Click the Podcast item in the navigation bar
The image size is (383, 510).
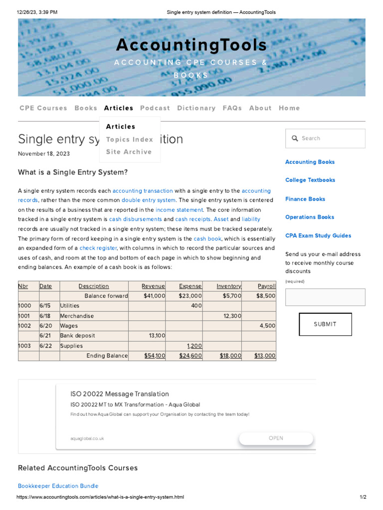click(155, 108)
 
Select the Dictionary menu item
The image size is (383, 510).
click(196, 108)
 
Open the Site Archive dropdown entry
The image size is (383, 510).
click(129, 152)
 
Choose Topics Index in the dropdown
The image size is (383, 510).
click(129, 139)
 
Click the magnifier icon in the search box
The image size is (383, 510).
click(295, 138)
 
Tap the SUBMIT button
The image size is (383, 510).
click(325, 324)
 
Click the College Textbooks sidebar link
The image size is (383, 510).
click(310, 180)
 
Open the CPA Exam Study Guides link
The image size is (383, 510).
click(318, 236)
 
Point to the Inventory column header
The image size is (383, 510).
click(228, 286)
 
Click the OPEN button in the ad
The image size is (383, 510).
click(276, 438)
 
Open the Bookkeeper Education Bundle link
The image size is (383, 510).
click(58, 486)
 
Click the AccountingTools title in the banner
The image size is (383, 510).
click(191, 45)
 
